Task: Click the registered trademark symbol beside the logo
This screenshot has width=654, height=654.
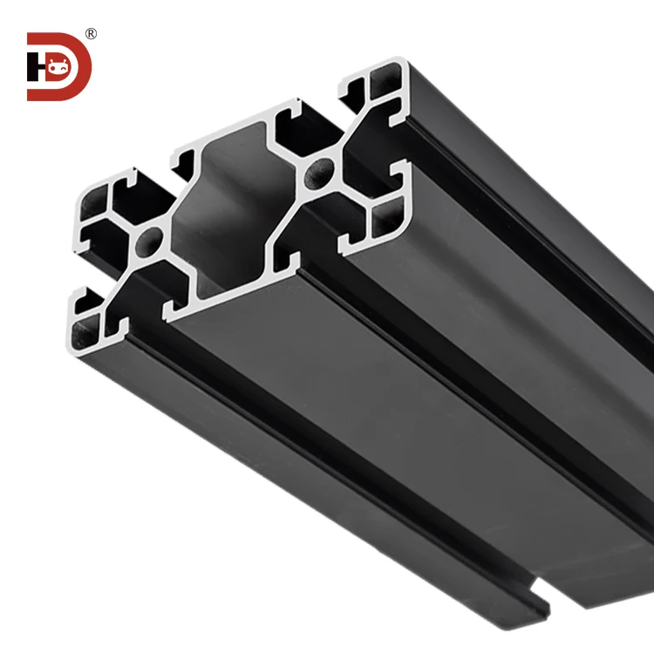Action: pyautogui.click(x=91, y=34)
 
